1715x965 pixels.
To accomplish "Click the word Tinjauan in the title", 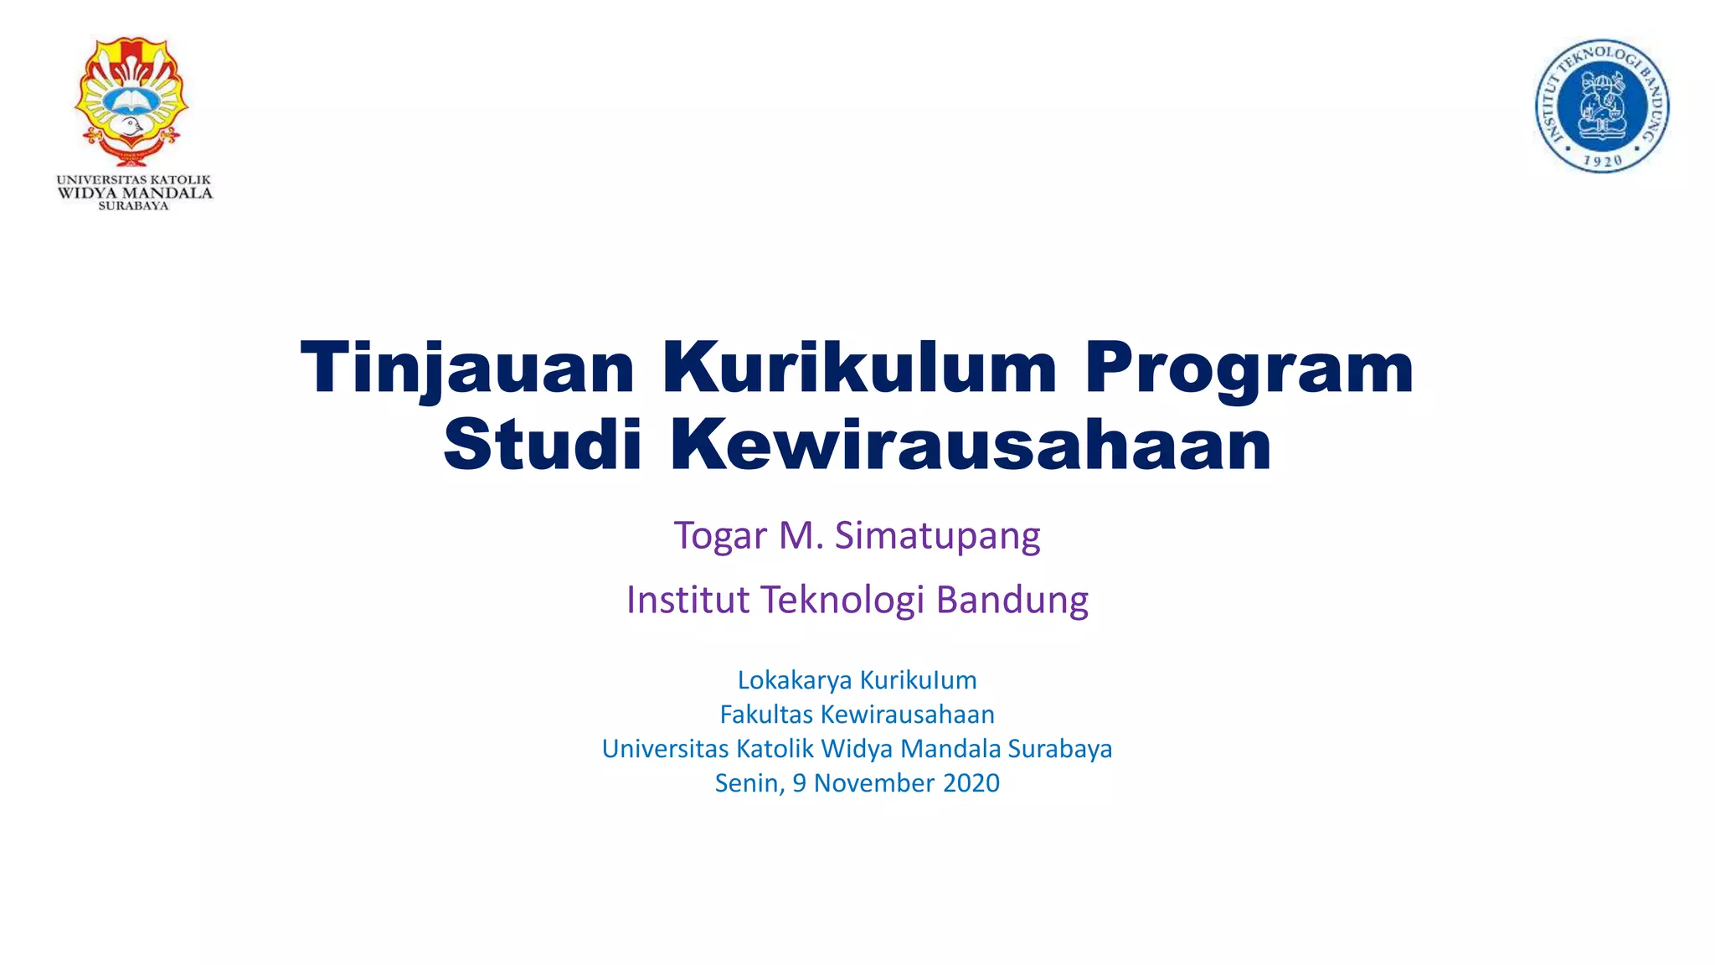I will pyautogui.click(x=467, y=369).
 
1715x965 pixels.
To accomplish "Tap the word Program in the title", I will pyautogui.click(x=1249, y=369).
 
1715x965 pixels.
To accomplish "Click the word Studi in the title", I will pyautogui.click(x=542, y=445).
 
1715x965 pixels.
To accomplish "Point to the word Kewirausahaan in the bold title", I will pyautogui.click(x=971, y=445).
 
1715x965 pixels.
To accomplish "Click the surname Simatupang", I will pyautogui.click(x=937, y=535).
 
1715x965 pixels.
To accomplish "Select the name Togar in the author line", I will pyautogui.click(x=720, y=535).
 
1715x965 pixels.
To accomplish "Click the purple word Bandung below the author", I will pyautogui.click(x=1012, y=600).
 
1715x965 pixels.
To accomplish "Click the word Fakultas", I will pyautogui.click(x=766, y=715).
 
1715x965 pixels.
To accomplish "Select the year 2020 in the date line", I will pyautogui.click(x=971, y=782).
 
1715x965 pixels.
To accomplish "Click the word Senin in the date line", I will pyautogui.click(x=749, y=782).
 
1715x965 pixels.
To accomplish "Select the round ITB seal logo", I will pyautogui.click(x=1601, y=106).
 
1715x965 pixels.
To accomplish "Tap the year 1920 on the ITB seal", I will pyautogui.click(x=1603, y=160).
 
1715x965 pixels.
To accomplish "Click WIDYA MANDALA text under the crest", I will pyautogui.click(x=135, y=194).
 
